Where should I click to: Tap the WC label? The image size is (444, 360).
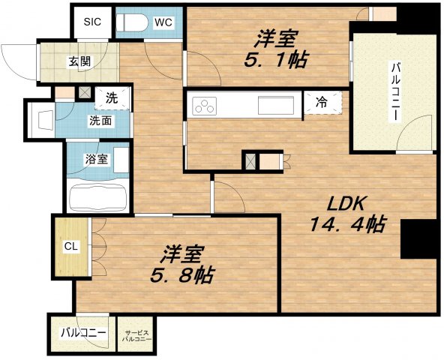point(163,22)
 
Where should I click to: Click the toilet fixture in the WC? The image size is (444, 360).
point(133,23)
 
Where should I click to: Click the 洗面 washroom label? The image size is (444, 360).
point(100,120)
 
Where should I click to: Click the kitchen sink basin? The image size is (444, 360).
point(274,105)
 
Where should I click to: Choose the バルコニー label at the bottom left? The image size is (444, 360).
point(83,332)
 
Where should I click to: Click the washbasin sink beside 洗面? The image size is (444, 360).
point(42,119)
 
